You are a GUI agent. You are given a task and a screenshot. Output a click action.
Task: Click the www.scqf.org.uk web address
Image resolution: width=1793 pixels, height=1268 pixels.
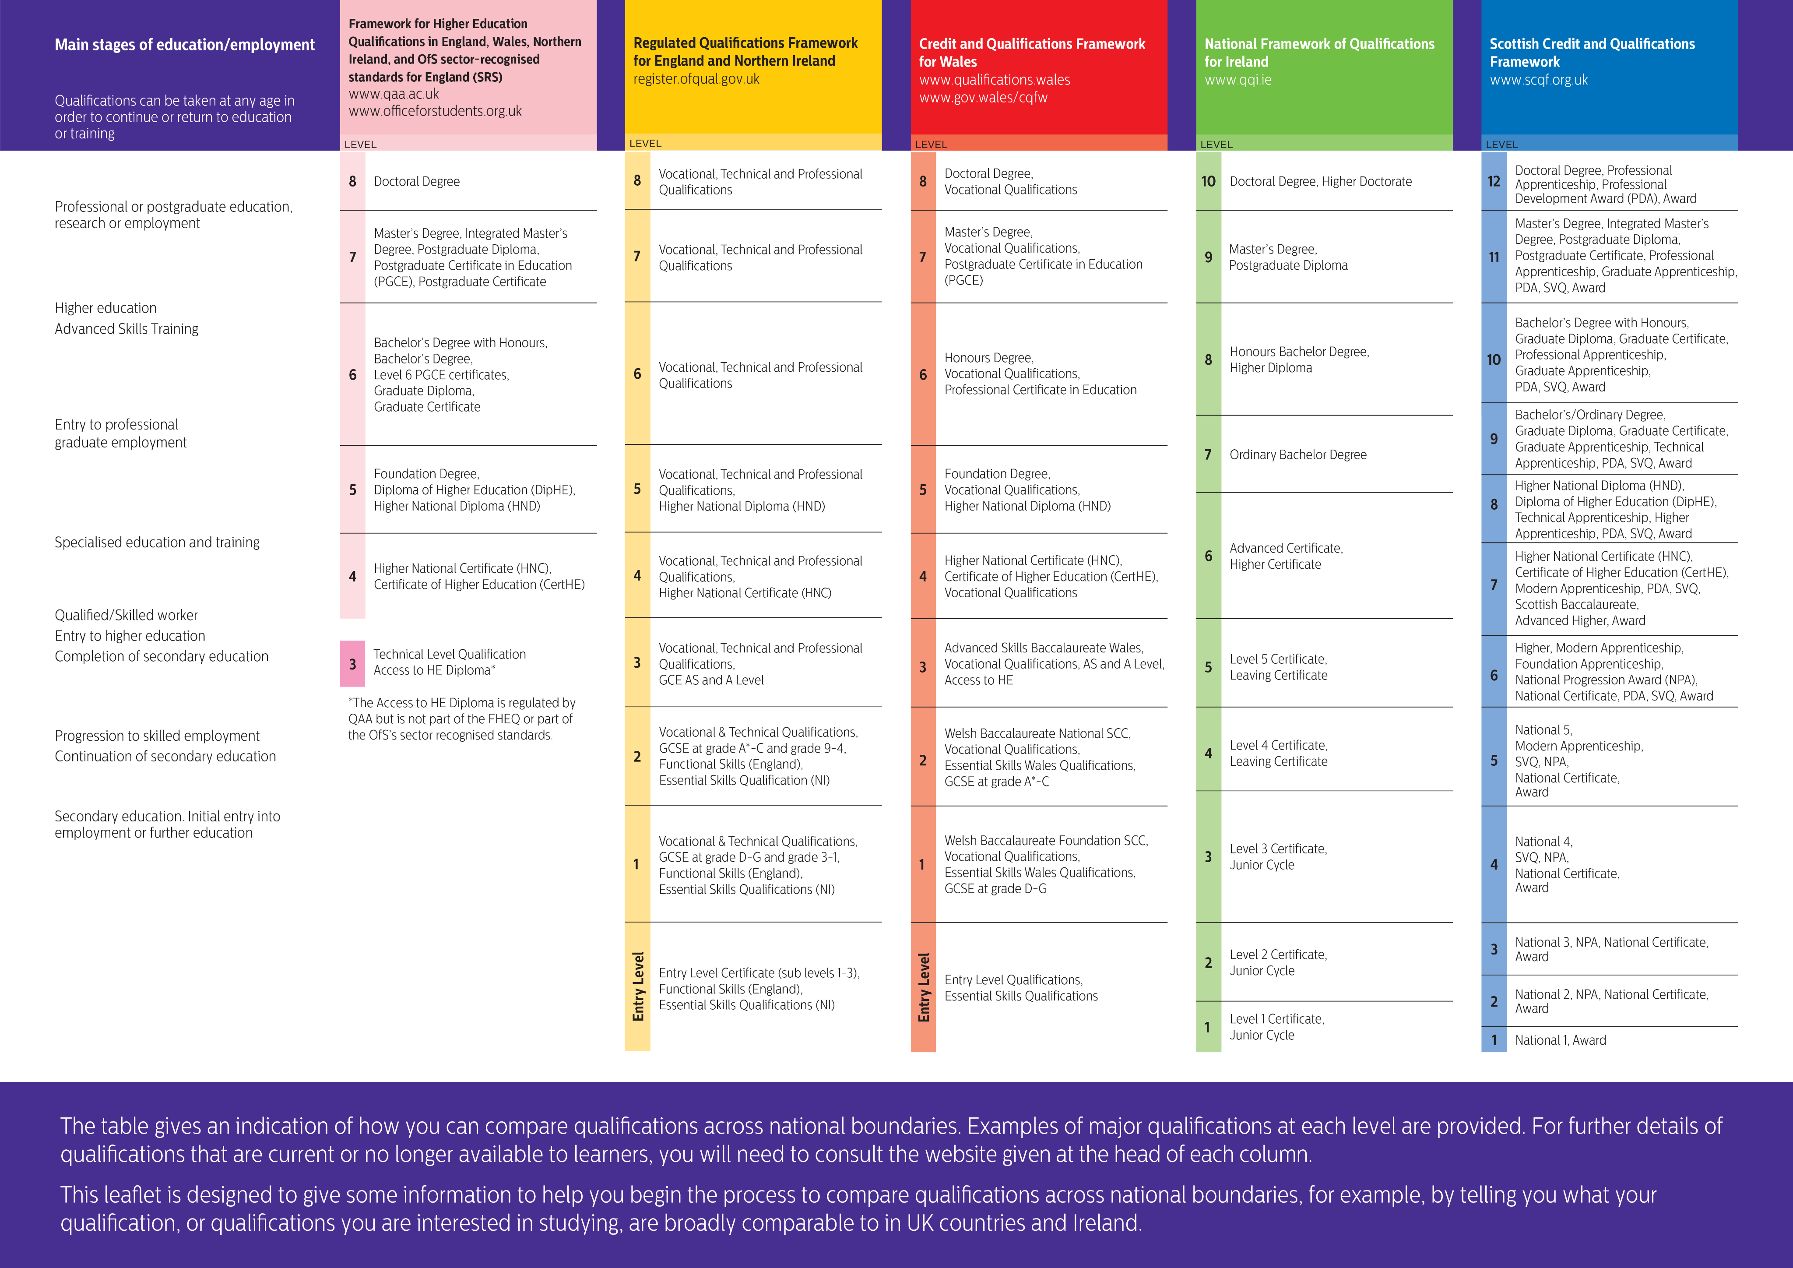tap(1538, 80)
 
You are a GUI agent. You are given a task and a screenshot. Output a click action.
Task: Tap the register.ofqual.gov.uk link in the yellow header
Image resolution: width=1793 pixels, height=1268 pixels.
tap(696, 79)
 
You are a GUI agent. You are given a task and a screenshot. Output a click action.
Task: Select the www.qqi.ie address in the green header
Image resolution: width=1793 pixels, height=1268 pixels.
tap(1238, 80)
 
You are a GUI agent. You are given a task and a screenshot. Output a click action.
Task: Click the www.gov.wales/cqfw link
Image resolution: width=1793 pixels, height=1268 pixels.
tap(983, 98)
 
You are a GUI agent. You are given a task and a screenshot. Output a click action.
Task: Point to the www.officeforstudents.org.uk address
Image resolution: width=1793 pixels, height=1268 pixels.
tap(435, 111)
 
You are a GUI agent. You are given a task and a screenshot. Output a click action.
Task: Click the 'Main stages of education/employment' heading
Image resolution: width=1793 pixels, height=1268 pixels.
tap(184, 45)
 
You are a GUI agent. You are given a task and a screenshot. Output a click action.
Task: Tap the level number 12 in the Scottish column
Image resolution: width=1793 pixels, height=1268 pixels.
tap(1493, 181)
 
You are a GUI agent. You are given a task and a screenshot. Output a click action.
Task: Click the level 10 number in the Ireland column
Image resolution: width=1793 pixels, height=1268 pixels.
tap(1208, 181)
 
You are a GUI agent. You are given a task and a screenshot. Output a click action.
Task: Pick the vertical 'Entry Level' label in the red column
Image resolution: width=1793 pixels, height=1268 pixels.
tap(924, 987)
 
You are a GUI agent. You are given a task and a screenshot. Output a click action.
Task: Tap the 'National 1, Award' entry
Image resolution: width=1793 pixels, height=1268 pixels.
tap(1560, 1040)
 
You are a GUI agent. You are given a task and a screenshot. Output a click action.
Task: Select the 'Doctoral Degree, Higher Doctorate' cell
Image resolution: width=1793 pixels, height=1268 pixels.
tap(1320, 181)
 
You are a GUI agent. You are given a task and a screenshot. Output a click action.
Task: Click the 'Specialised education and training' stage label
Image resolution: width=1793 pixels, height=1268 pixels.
tap(157, 542)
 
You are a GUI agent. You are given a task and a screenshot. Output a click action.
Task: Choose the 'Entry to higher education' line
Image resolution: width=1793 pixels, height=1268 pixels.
tap(130, 636)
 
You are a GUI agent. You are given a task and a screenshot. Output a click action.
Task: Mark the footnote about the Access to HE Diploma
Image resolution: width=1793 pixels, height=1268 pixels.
tap(461, 719)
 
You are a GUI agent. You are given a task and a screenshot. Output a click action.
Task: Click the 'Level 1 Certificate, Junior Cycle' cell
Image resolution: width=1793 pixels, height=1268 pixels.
tap(1276, 1027)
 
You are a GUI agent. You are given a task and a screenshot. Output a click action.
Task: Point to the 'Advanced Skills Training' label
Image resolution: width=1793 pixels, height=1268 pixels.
tap(127, 329)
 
